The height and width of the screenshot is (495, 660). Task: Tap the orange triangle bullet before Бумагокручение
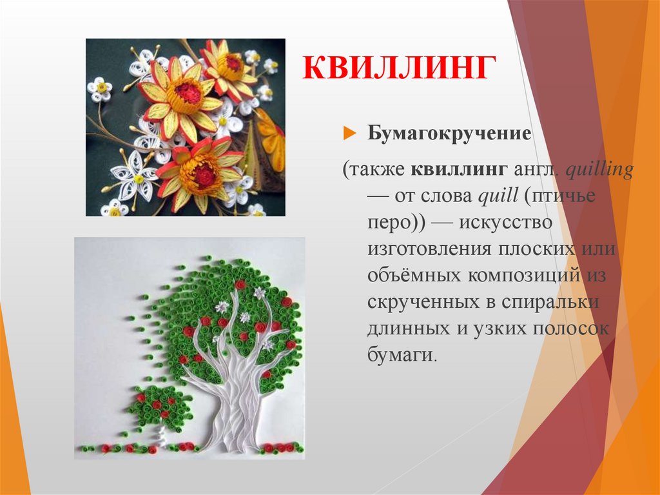click(x=349, y=134)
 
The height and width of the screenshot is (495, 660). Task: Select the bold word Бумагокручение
click(x=449, y=134)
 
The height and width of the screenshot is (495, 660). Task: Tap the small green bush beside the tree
click(x=159, y=407)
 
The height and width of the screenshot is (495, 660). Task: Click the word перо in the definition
click(x=389, y=223)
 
